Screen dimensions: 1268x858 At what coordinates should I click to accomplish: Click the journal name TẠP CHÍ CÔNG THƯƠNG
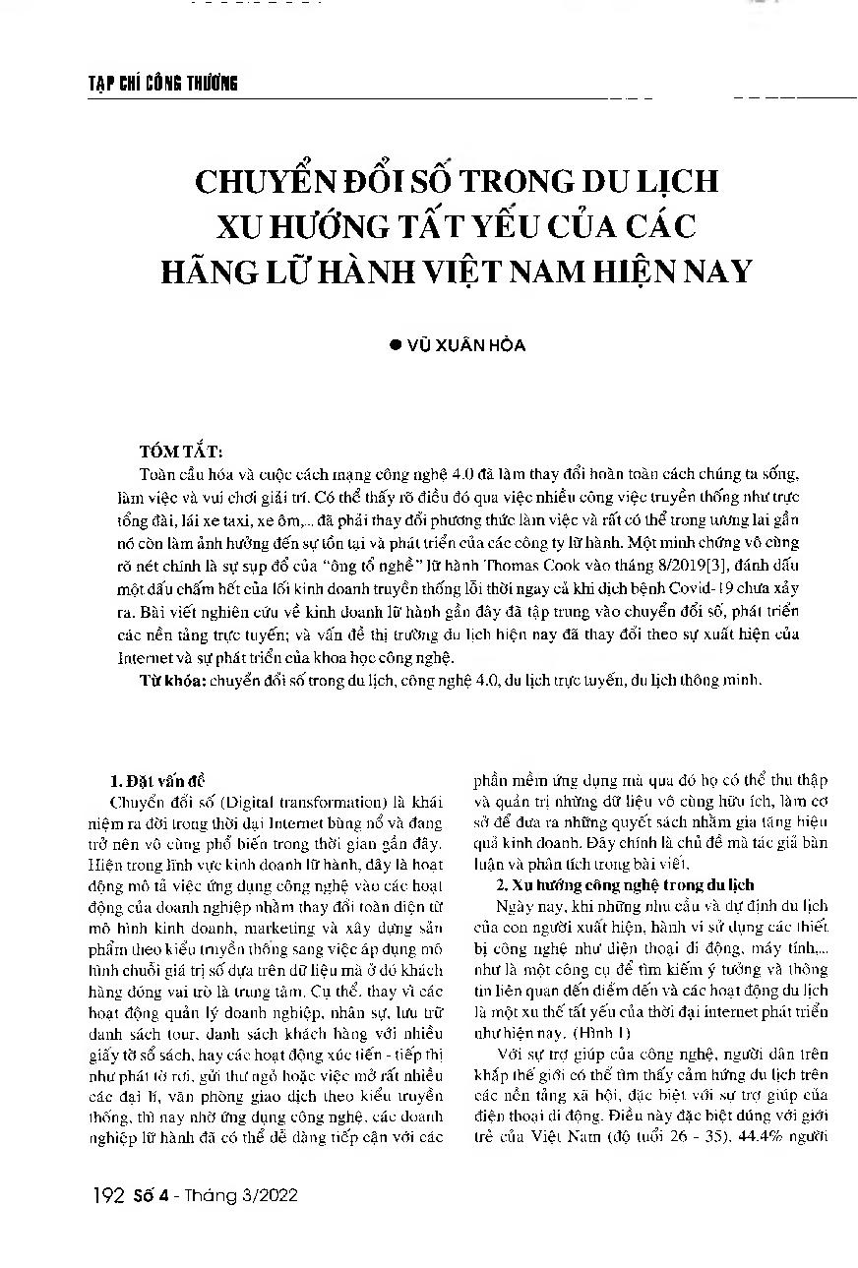(157, 84)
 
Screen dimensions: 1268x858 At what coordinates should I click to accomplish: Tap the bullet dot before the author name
(398, 346)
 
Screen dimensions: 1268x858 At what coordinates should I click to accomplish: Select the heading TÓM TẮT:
(181, 452)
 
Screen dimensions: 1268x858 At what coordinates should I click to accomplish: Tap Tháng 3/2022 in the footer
(253, 1195)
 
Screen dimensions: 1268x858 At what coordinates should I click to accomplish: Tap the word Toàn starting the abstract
(160, 476)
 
